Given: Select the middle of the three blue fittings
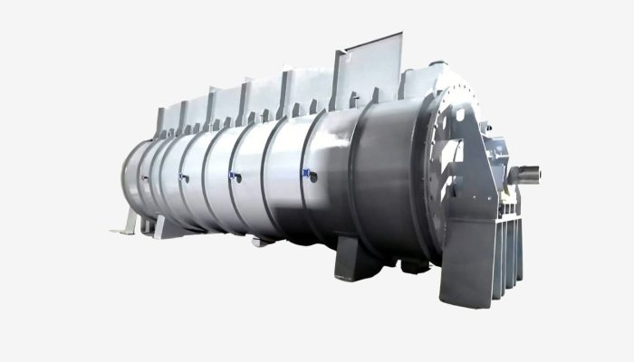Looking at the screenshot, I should click(x=234, y=171).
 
